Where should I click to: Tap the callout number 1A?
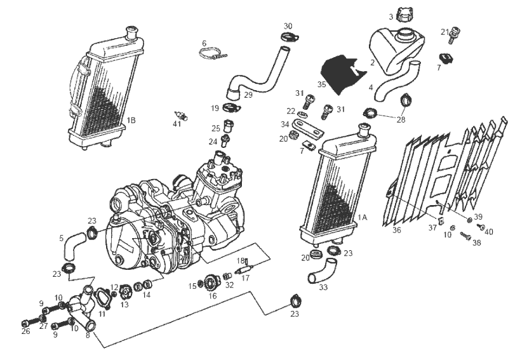363,217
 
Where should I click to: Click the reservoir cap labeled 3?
404,15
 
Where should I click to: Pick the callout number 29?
248,95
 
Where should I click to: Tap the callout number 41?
177,123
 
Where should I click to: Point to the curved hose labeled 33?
318,277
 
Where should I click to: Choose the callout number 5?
62,239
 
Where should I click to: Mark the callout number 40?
489,232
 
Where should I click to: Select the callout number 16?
213,296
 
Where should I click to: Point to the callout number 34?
285,124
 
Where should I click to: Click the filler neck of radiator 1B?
132,30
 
